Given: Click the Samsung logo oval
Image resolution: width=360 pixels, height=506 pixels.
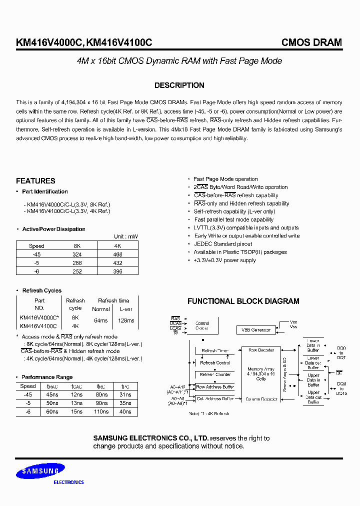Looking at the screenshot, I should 39,471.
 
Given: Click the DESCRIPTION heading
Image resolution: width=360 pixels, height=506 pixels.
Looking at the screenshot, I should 179,85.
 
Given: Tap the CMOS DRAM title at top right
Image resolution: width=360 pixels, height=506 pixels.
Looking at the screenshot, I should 311,42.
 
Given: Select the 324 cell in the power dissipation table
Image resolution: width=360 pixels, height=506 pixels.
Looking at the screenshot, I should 76,254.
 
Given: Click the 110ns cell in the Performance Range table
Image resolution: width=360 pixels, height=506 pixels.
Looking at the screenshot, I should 101,411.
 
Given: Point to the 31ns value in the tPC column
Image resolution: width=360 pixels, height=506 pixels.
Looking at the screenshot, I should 125,394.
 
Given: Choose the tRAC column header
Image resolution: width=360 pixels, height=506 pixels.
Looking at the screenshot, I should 52,386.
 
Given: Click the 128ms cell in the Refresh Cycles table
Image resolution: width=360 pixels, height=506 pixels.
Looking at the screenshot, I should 126,320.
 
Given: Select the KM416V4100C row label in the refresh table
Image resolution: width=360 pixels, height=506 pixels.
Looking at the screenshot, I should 39,325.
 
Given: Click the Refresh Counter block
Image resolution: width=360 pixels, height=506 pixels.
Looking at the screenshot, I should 215,374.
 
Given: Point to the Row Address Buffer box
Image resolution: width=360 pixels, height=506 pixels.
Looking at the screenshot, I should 215,387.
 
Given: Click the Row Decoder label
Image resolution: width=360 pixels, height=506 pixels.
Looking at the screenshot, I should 261,350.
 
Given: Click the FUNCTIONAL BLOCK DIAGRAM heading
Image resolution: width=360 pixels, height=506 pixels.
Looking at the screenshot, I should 243,301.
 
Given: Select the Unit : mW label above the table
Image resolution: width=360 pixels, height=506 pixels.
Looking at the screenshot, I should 125,236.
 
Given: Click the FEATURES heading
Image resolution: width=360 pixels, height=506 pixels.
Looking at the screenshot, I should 35,181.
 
